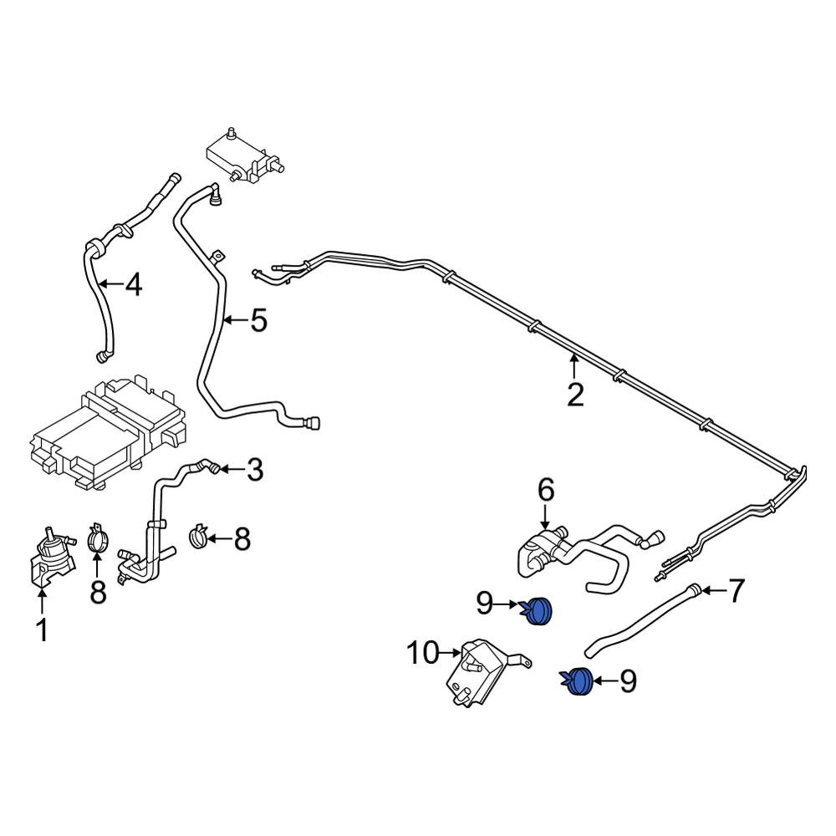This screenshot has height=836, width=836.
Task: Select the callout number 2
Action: pos(574,394)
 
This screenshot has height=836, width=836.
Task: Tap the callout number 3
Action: pos(254,470)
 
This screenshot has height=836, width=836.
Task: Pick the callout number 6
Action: pos(545,490)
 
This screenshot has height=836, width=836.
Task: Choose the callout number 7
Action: pos(735,591)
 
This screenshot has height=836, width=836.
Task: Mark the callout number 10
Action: pos(423,652)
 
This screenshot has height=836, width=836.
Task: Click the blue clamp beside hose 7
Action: pos(578,681)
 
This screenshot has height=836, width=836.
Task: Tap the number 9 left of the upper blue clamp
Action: pos(486,604)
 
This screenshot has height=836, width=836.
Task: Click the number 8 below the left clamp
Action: pos(99,592)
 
